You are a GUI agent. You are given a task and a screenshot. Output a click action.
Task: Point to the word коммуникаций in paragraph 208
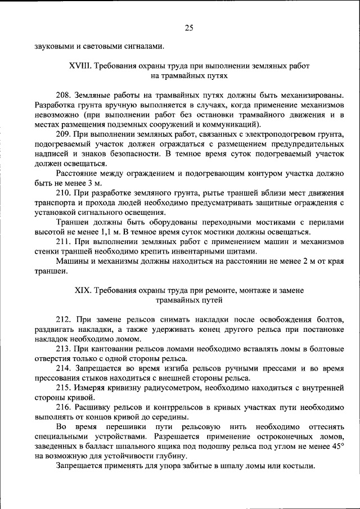pyautogui.click(x=230, y=124)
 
